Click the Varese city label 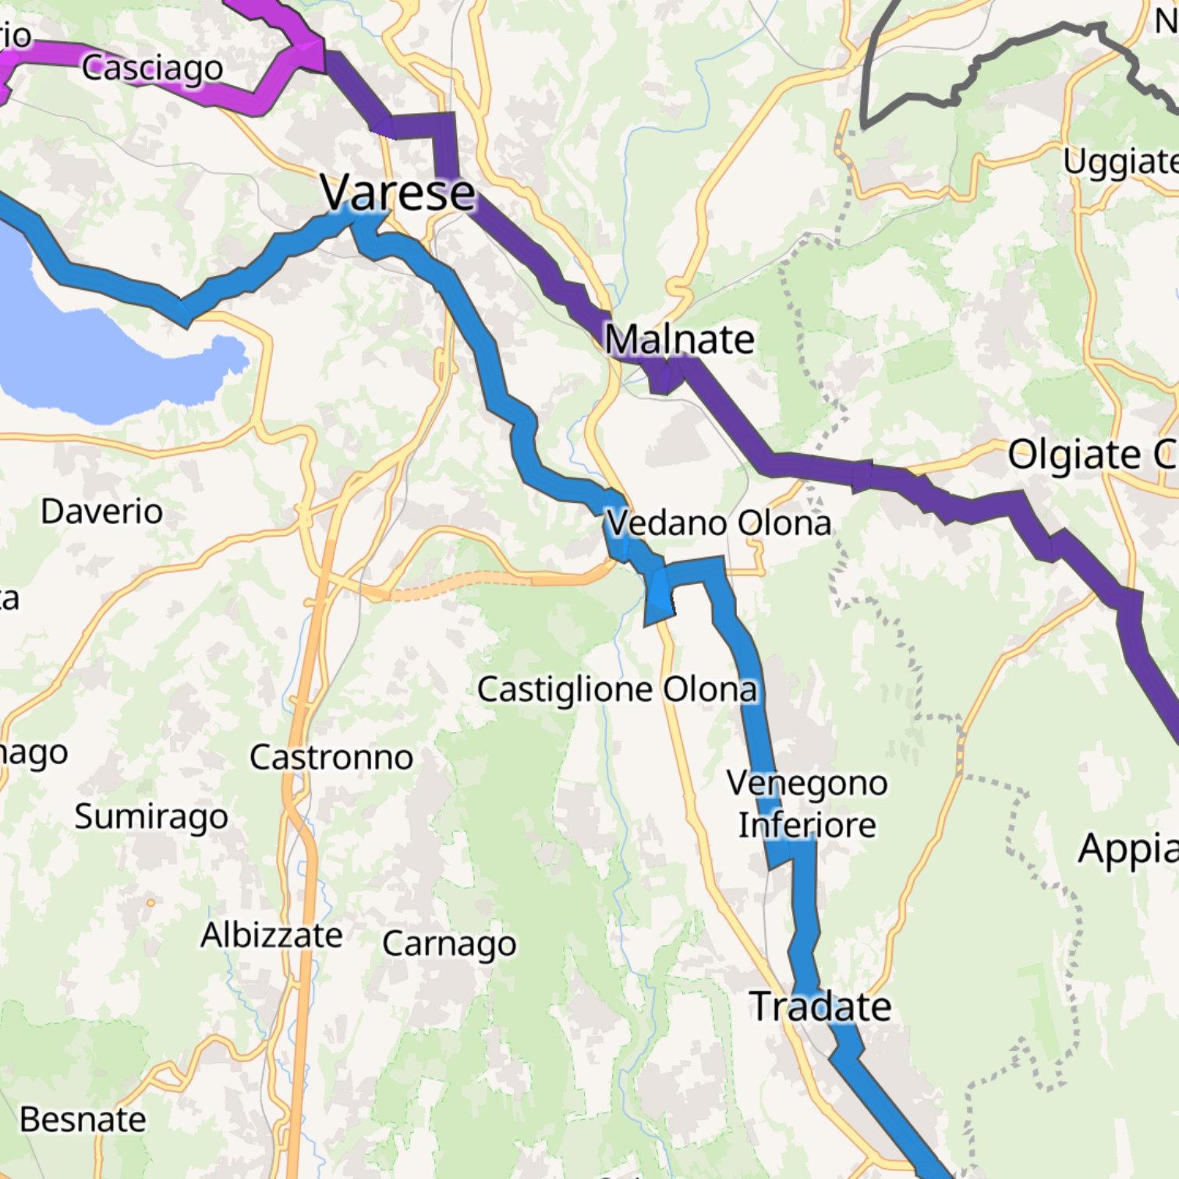pyautogui.click(x=397, y=192)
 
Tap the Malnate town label pyautogui.click(x=679, y=339)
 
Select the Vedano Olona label pyautogui.click(x=718, y=522)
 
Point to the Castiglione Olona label pyautogui.click(x=617, y=689)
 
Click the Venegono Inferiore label pyautogui.click(x=806, y=804)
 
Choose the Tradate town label pyautogui.click(x=820, y=1006)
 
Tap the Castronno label pyautogui.click(x=331, y=757)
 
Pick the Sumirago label pyautogui.click(x=151, y=816)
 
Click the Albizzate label pyautogui.click(x=271, y=935)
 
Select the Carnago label pyautogui.click(x=449, y=944)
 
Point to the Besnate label pyautogui.click(x=83, y=1120)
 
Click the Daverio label pyautogui.click(x=101, y=512)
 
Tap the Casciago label pyautogui.click(x=152, y=68)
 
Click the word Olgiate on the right pyautogui.click(x=1074, y=455)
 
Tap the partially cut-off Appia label pyautogui.click(x=1127, y=848)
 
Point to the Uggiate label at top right pyautogui.click(x=1120, y=162)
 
